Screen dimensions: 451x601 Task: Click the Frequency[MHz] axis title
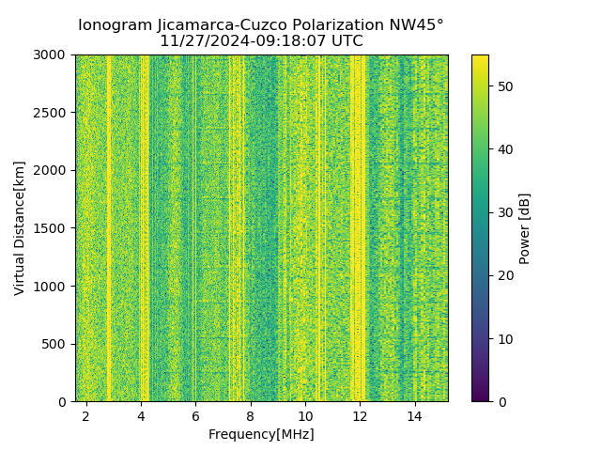pyautogui.click(x=261, y=434)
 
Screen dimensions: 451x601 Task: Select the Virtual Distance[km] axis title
pyautogui.click(x=20, y=228)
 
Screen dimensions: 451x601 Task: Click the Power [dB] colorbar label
pyautogui.click(x=525, y=228)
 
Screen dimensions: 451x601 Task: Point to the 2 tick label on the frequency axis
pyautogui.click(x=86, y=415)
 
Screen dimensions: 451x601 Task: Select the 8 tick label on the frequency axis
pyautogui.click(x=251, y=415)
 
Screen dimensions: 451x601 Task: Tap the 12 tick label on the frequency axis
pyautogui.click(x=360, y=415)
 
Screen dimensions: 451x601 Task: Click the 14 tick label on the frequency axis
pyautogui.click(x=414, y=415)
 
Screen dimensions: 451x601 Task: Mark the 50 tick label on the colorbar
pyautogui.click(x=503, y=86)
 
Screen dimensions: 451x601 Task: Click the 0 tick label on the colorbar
pyautogui.click(x=500, y=401)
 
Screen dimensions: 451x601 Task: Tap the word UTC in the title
pyautogui.click(x=346, y=41)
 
